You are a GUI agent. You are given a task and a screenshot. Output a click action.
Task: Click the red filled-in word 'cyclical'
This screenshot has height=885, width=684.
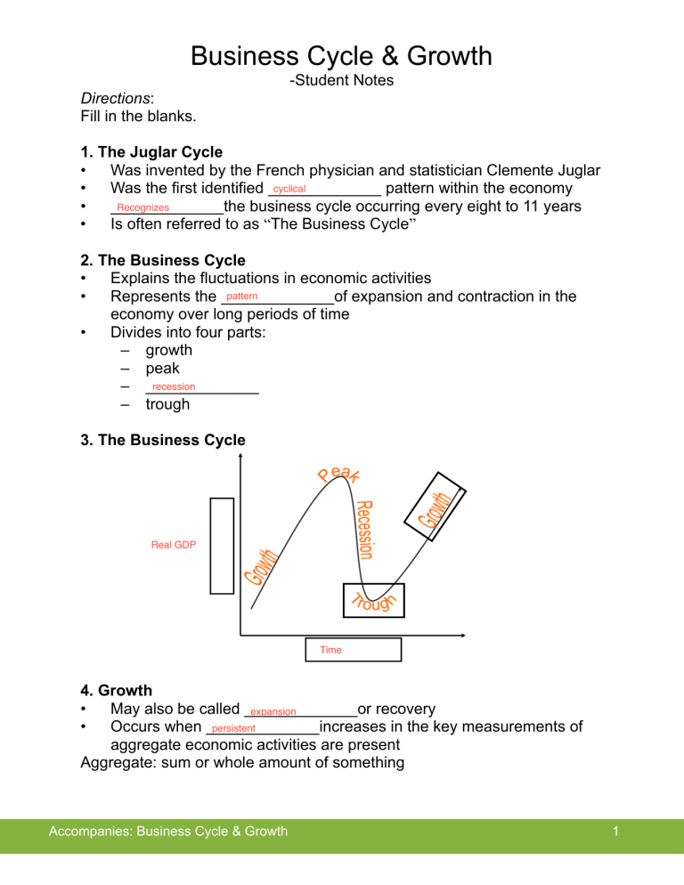tap(289, 190)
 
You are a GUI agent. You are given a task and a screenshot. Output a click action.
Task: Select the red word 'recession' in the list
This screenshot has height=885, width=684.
tap(174, 386)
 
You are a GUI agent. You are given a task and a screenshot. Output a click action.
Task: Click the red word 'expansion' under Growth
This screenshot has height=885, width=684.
tap(273, 711)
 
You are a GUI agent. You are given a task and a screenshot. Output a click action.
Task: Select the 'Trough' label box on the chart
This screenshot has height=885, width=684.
tap(374, 601)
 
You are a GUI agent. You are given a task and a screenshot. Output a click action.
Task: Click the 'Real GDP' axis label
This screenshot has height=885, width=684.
tap(174, 544)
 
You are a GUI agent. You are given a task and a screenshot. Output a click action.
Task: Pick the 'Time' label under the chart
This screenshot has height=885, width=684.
tap(330, 650)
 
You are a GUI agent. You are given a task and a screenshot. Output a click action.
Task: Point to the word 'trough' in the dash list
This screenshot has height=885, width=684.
tap(167, 404)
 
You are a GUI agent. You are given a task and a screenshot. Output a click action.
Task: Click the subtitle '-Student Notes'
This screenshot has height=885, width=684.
tap(341, 81)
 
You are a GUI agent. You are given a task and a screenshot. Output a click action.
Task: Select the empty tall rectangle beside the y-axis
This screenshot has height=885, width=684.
tap(222, 545)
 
